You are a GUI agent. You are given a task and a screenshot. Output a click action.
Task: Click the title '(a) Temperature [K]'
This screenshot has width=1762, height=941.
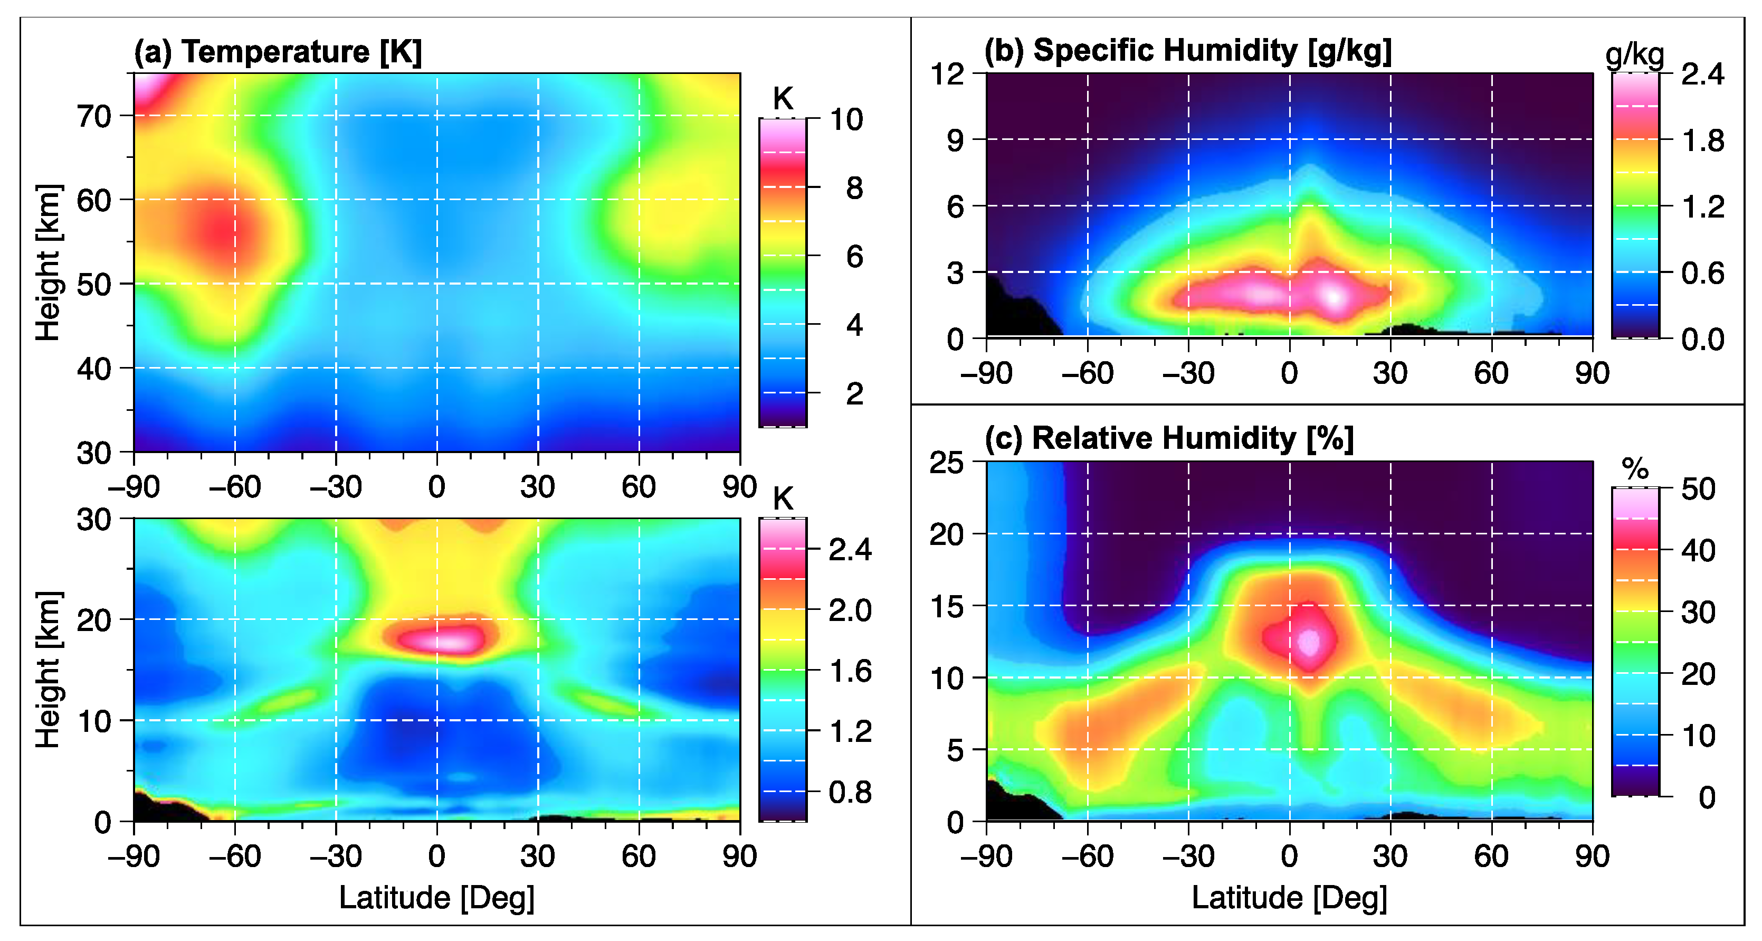(x=278, y=52)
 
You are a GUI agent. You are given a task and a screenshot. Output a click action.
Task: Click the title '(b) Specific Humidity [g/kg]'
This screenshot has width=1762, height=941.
(x=1188, y=51)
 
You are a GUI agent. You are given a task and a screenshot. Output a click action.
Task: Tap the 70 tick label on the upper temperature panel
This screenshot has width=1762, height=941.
(x=94, y=117)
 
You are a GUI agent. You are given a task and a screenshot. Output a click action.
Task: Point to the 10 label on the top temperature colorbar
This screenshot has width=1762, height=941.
(x=847, y=120)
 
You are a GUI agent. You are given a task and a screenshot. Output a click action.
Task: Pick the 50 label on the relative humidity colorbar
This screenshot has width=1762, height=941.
(x=1698, y=490)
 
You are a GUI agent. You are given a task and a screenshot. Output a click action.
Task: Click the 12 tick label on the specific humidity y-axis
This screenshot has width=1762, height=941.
(x=947, y=74)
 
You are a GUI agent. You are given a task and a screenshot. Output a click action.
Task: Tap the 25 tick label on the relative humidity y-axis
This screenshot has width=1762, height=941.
(x=947, y=463)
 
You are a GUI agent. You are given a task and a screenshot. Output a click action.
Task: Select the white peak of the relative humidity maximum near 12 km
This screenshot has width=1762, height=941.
(x=1309, y=642)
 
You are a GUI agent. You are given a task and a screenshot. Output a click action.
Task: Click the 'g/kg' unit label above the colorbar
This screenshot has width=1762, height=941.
(x=1635, y=55)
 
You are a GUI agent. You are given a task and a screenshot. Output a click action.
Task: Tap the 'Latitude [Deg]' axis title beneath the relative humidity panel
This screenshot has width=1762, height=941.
(x=1289, y=897)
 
